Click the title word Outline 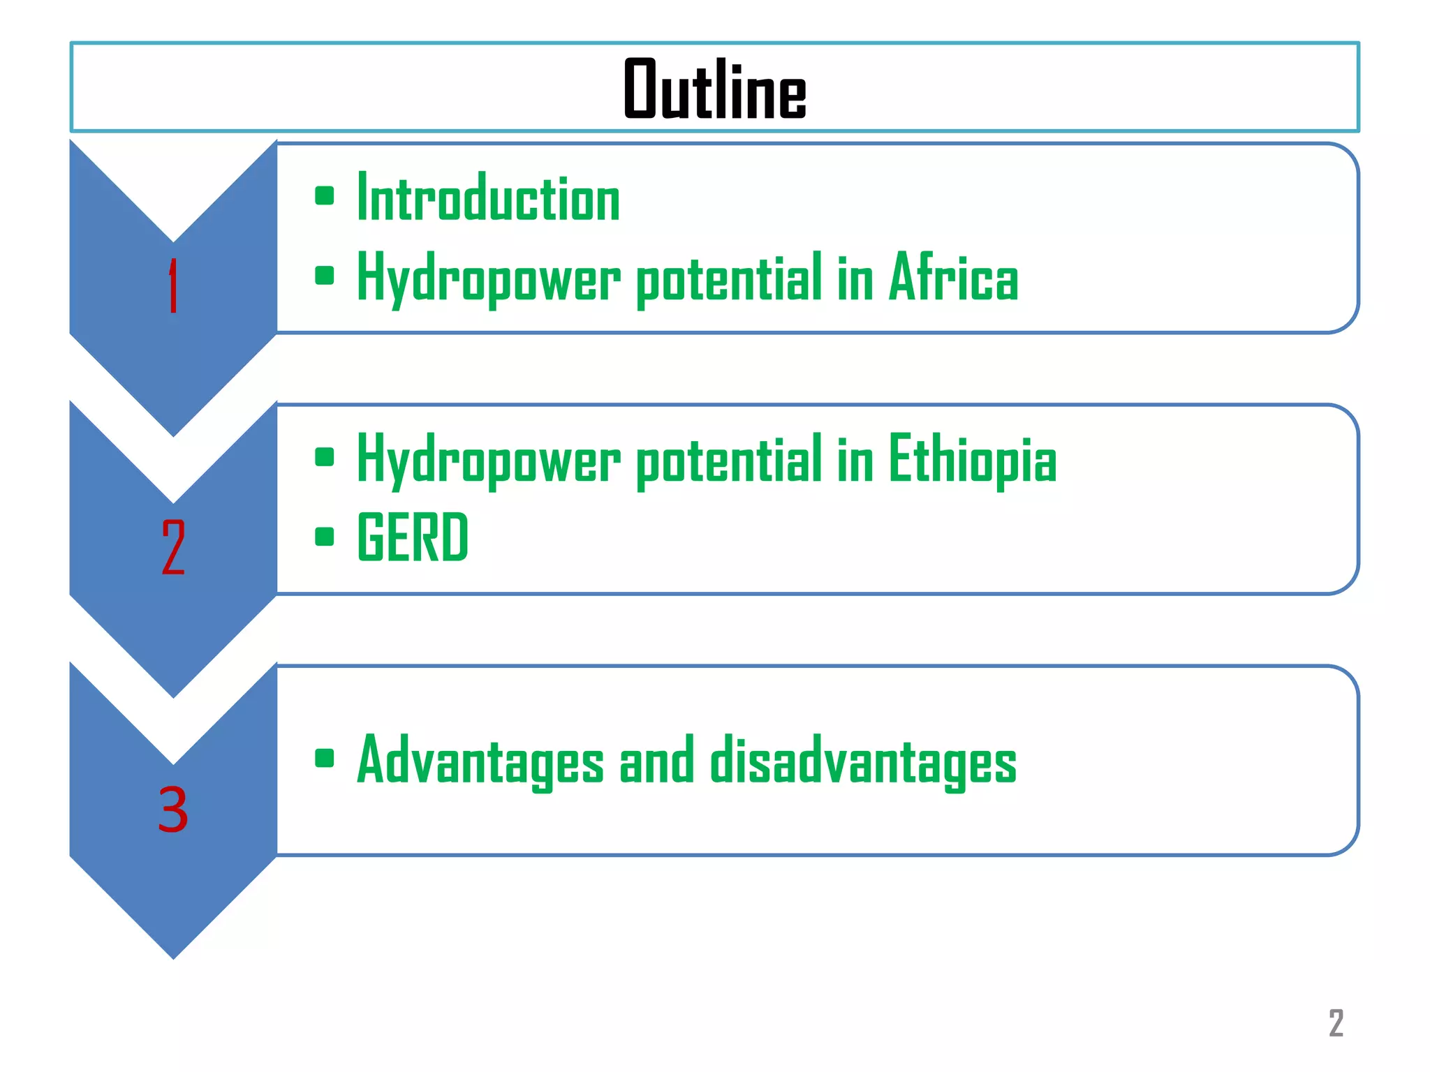coord(714,89)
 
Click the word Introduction coord(488,198)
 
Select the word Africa coord(953,278)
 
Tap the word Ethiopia coord(972,459)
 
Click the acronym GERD coord(412,537)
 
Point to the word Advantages coord(480,761)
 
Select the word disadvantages coord(863,761)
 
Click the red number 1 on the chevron coord(173,286)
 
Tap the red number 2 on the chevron coord(173,547)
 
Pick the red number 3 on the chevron coord(173,810)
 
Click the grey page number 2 coord(1336,1023)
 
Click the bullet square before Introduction coord(324,195)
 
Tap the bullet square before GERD coord(324,537)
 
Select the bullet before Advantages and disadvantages coord(324,758)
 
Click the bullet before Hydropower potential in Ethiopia coord(324,457)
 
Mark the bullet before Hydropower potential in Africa coord(324,276)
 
